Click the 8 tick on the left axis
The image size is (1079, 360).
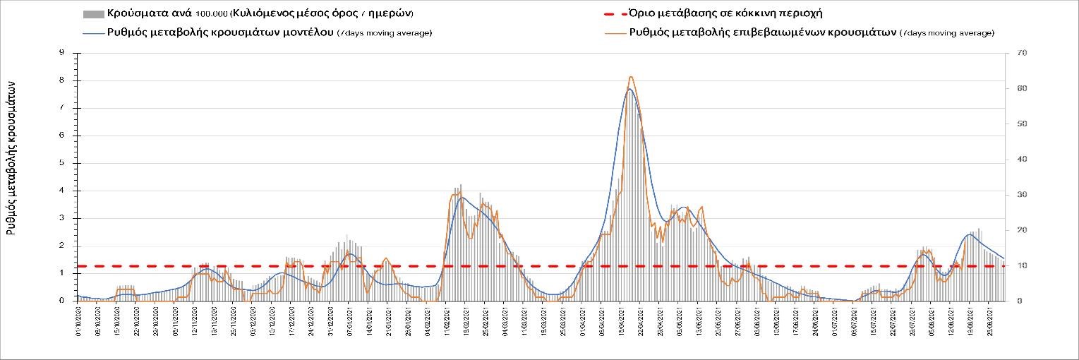click(x=62, y=80)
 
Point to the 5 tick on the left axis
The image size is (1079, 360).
click(x=62, y=163)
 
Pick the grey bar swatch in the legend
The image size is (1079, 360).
click(x=93, y=14)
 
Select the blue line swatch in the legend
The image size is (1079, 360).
click(x=93, y=32)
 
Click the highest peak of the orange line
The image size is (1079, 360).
click(x=630, y=76)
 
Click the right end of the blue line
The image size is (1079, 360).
click(x=1004, y=258)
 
